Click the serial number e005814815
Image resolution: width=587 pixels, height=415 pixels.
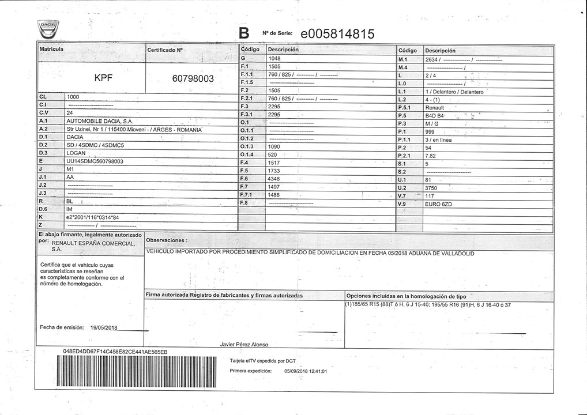click(x=337, y=33)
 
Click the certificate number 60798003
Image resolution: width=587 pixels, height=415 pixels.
click(x=193, y=78)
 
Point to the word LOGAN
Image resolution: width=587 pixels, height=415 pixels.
click(x=76, y=153)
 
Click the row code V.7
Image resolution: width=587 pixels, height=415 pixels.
click(x=402, y=196)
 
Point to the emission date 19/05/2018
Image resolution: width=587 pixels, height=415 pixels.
click(x=104, y=327)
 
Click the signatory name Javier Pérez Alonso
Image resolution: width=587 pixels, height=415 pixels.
click(x=244, y=344)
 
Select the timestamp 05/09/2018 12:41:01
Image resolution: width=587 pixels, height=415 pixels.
click(x=306, y=371)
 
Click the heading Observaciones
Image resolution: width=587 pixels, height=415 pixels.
click(x=166, y=240)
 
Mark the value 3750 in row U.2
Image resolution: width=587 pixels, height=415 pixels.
click(x=431, y=188)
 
